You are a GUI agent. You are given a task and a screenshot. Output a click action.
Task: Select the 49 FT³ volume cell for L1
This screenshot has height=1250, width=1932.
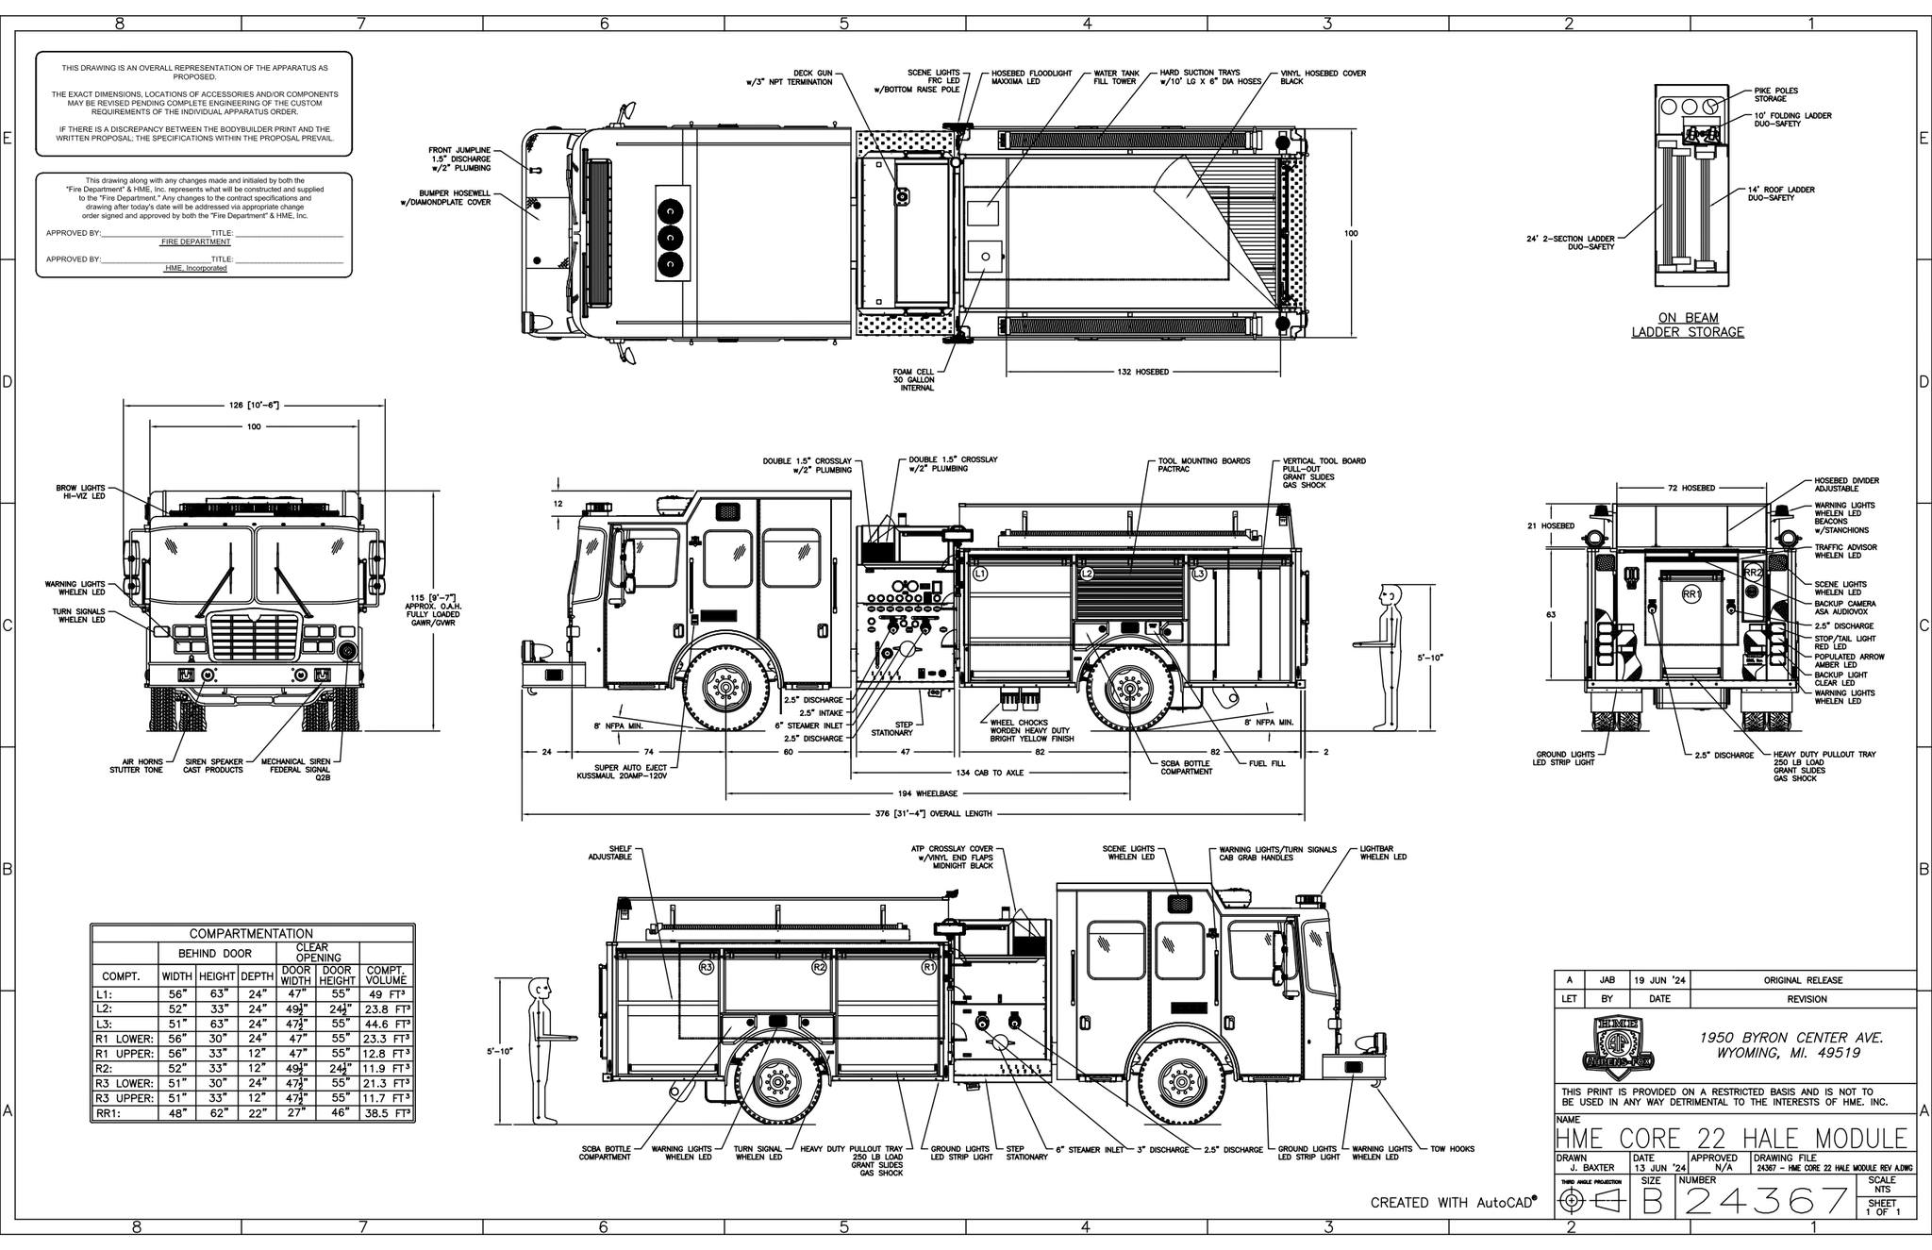pos(388,994)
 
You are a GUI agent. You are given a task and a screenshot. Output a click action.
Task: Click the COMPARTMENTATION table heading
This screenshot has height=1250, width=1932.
pos(252,933)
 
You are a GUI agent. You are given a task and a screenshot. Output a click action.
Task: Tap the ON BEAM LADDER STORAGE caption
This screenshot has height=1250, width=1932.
pos(1688,325)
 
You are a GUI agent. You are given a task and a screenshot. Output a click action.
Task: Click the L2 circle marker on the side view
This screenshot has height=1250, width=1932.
pos(1087,574)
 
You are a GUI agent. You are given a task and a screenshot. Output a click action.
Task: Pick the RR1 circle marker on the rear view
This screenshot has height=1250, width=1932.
pos(1690,593)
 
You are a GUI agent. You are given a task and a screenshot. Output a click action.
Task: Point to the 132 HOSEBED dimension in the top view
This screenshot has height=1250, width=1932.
pos(1142,372)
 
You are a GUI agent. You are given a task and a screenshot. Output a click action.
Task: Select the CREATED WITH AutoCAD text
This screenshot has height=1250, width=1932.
pos(1452,1202)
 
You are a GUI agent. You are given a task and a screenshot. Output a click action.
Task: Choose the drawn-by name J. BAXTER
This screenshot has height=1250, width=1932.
pos(1593,1168)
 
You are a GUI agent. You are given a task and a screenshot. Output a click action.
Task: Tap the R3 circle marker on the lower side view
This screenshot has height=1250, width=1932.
pos(706,967)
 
